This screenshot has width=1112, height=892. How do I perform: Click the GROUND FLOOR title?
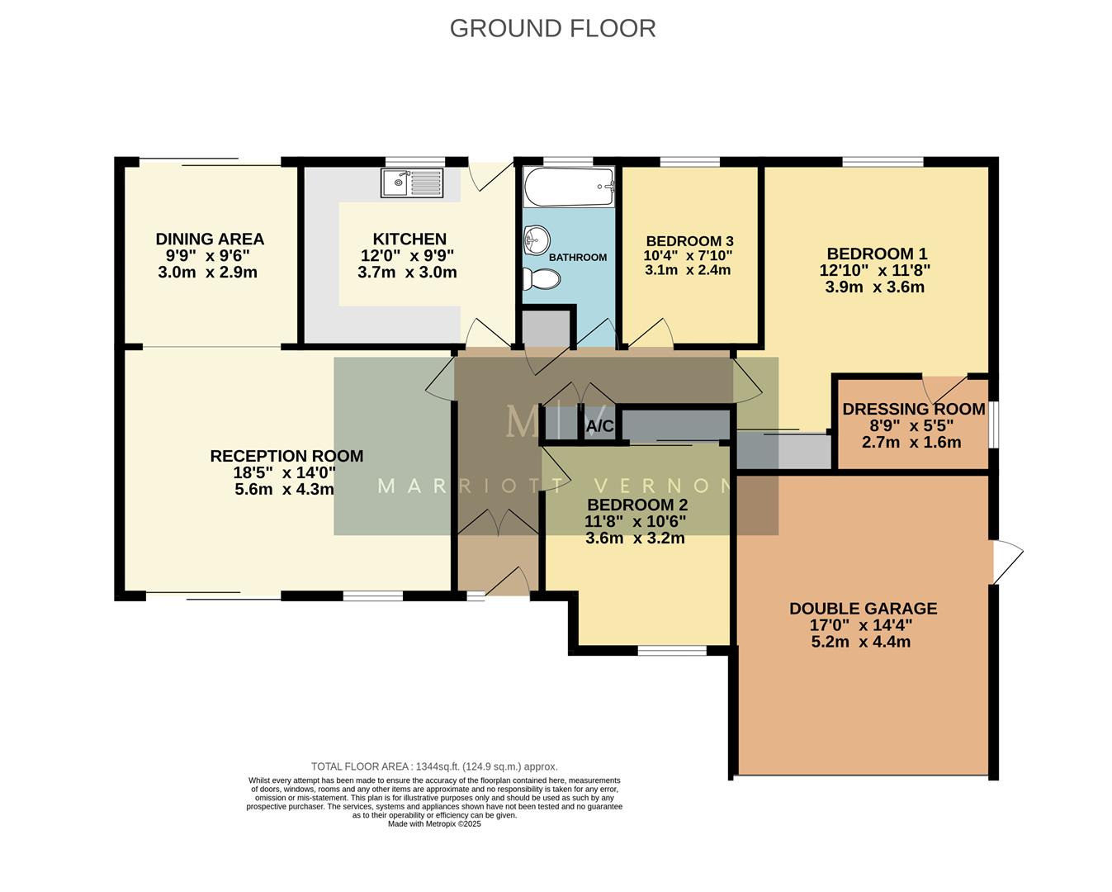click(x=552, y=28)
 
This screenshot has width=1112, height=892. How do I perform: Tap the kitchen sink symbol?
click(x=411, y=183)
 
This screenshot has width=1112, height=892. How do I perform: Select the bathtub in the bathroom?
click(x=568, y=187)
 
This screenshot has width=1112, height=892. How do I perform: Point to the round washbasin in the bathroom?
click(x=537, y=240)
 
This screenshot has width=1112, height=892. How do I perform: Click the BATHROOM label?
click(x=578, y=258)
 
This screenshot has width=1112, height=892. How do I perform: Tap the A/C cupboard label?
click(x=599, y=427)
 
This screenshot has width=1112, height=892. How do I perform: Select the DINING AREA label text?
click(x=210, y=240)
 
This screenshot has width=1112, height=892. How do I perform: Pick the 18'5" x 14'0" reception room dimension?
click(x=284, y=473)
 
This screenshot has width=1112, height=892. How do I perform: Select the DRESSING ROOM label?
click(x=913, y=410)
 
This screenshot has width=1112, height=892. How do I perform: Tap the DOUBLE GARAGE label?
click(x=863, y=609)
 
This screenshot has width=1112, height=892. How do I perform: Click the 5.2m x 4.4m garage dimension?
click(x=861, y=642)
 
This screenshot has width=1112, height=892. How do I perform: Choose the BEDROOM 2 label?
click(x=636, y=505)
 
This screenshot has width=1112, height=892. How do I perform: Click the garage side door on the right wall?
click(x=1006, y=562)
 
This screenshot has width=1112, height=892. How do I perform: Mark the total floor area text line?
click(x=434, y=766)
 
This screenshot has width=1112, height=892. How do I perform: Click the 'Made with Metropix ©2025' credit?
click(x=434, y=823)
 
